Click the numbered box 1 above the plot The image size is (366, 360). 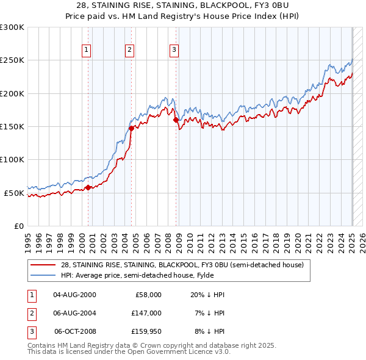(x=87, y=51)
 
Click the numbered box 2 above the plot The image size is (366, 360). (x=131, y=51)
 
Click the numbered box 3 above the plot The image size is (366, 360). (x=174, y=51)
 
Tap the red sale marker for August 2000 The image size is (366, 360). (x=88, y=187)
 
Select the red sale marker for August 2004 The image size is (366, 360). (x=131, y=128)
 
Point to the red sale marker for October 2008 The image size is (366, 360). (x=176, y=120)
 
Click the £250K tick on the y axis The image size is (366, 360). (x=12, y=60)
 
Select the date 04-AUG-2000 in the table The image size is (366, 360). (x=74, y=295)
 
